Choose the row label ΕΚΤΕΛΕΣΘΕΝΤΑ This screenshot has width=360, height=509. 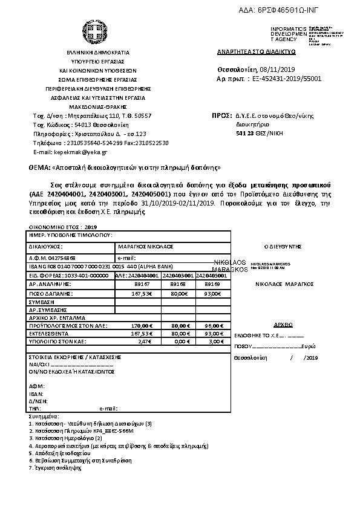point(47,333)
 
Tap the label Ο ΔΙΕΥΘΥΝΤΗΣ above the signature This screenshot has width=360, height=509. point(283,247)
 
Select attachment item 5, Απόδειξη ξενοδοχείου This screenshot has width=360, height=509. point(56,452)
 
